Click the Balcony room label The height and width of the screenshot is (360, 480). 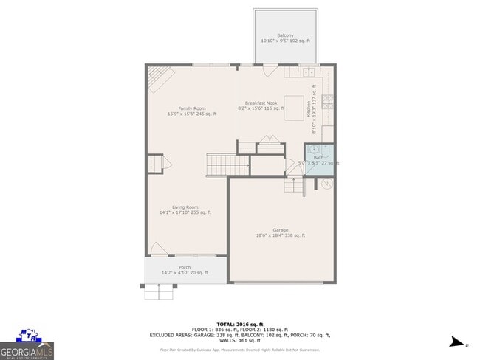(x=285, y=35)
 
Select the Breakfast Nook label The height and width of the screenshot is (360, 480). (x=261, y=103)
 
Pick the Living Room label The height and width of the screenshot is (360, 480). (x=185, y=207)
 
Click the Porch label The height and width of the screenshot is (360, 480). (x=185, y=267)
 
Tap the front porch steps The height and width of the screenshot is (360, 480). (x=160, y=292)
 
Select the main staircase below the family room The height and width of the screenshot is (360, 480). (x=220, y=165)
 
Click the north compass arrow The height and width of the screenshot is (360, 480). (x=459, y=342)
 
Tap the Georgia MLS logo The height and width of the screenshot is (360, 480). (x=27, y=344)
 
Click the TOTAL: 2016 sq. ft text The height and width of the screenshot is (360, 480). (x=240, y=323)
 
